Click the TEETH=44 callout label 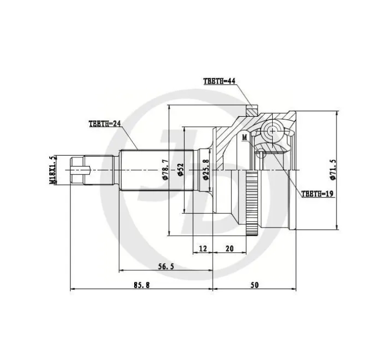point(219,81)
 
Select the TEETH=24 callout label point(105,124)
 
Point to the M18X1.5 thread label point(52,170)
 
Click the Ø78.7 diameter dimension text point(166,170)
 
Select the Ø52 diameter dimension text point(181,170)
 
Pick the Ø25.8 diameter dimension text point(206,170)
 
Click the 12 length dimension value point(203,249)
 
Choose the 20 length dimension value point(229,249)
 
